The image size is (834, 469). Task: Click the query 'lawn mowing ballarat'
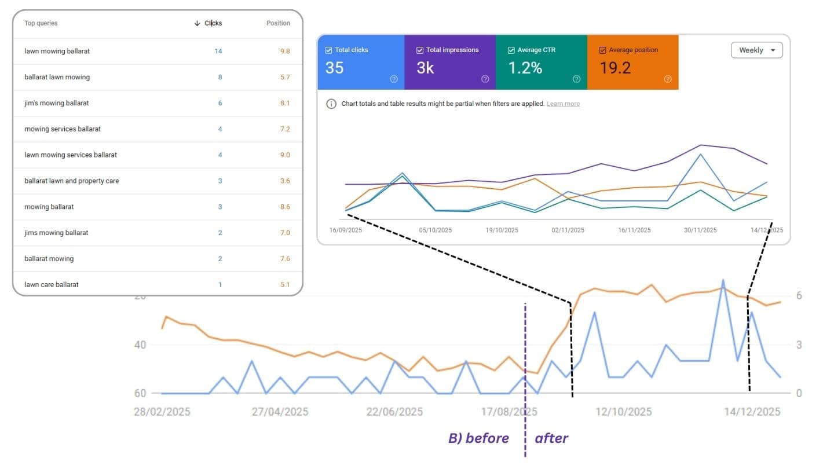(57, 51)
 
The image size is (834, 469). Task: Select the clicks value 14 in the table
(218, 51)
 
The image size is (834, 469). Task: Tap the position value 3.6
(284, 181)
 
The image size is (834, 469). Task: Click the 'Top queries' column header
(41, 23)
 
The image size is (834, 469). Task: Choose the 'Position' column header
(278, 23)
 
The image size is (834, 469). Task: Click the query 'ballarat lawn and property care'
(72, 181)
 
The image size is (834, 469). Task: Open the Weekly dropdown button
(756, 50)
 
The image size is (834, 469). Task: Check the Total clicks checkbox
(329, 50)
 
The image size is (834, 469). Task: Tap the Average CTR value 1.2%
(525, 68)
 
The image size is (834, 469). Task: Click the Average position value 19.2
(615, 68)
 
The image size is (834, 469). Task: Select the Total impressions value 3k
(425, 68)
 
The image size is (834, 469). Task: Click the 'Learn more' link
(563, 104)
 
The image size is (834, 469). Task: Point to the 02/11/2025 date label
(568, 230)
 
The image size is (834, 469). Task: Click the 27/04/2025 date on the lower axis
(280, 412)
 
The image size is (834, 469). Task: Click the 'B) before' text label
(478, 438)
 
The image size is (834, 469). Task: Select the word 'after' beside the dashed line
(551, 438)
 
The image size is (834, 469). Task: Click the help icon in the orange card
(667, 79)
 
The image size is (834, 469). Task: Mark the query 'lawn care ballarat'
(52, 284)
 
